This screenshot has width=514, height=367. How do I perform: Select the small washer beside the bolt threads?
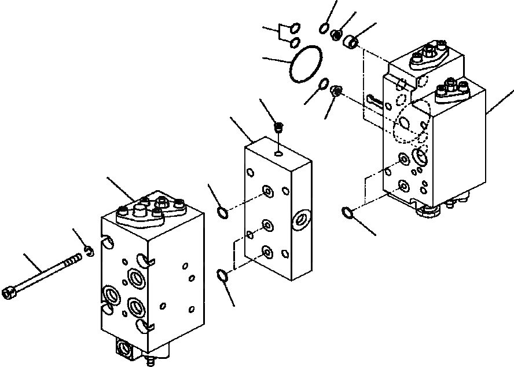point(89,250)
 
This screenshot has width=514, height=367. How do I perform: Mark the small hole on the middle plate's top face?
point(280,154)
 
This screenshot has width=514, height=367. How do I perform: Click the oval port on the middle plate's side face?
point(302,220)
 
